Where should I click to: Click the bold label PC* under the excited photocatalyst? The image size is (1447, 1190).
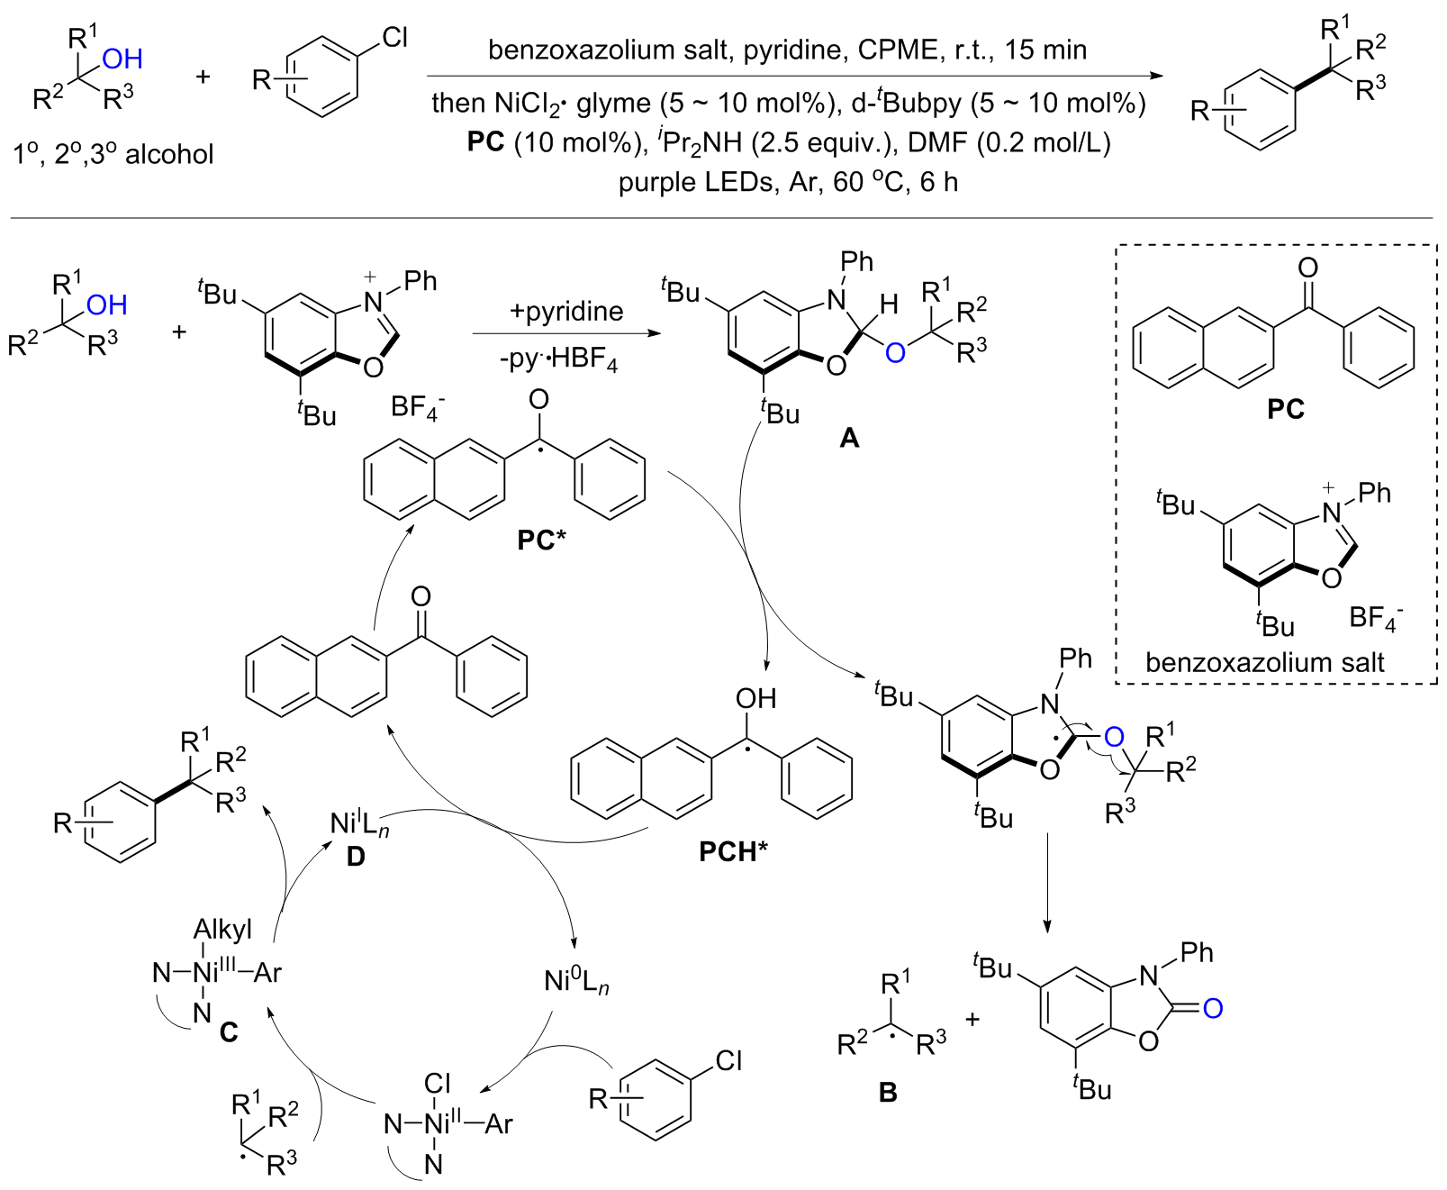[541, 540]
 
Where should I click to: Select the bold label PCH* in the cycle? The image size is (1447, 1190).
[733, 850]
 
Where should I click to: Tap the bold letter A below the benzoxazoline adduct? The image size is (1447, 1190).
[848, 439]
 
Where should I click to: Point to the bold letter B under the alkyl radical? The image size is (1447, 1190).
[887, 1093]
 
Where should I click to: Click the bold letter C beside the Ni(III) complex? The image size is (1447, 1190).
[229, 1031]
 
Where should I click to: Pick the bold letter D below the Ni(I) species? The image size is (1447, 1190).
[356, 857]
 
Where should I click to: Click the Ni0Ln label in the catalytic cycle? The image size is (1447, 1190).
[576, 981]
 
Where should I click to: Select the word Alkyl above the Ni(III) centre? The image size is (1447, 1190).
[222, 929]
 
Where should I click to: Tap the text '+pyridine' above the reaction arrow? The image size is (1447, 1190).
[565, 312]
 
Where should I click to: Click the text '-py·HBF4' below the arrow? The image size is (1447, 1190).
[559, 360]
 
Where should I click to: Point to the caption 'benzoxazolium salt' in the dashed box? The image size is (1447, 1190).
[1264, 662]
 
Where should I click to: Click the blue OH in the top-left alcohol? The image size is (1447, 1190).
[122, 59]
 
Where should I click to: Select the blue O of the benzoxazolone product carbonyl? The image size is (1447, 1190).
[1212, 1008]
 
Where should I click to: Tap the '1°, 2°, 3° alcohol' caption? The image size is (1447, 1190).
[113, 154]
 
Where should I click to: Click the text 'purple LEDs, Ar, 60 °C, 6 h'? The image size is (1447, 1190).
[788, 182]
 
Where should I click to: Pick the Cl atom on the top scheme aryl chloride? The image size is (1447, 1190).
[394, 38]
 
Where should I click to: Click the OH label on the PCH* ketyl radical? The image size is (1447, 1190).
[755, 698]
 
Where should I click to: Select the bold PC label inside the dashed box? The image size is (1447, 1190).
[1285, 410]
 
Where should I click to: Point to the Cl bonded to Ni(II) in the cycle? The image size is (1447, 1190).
[437, 1083]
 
